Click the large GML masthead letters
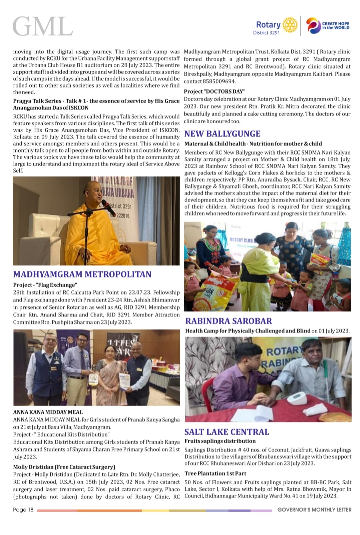coord(43,26)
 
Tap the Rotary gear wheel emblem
coord(290,25)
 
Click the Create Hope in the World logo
coord(328,26)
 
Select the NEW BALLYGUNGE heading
coord(222,134)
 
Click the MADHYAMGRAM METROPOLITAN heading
coord(82,274)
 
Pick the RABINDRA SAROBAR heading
coord(229,321)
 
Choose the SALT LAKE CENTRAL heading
coord(227,432)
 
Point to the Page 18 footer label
coord(23,510)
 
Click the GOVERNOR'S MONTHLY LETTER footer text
coord(314,510)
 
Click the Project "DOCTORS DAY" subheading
coord(215,91)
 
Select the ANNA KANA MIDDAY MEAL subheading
coord(48,412)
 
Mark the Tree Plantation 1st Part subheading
coord(215,473)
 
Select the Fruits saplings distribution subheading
coord(220,441)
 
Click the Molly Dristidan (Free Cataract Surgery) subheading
coord(64,467)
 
